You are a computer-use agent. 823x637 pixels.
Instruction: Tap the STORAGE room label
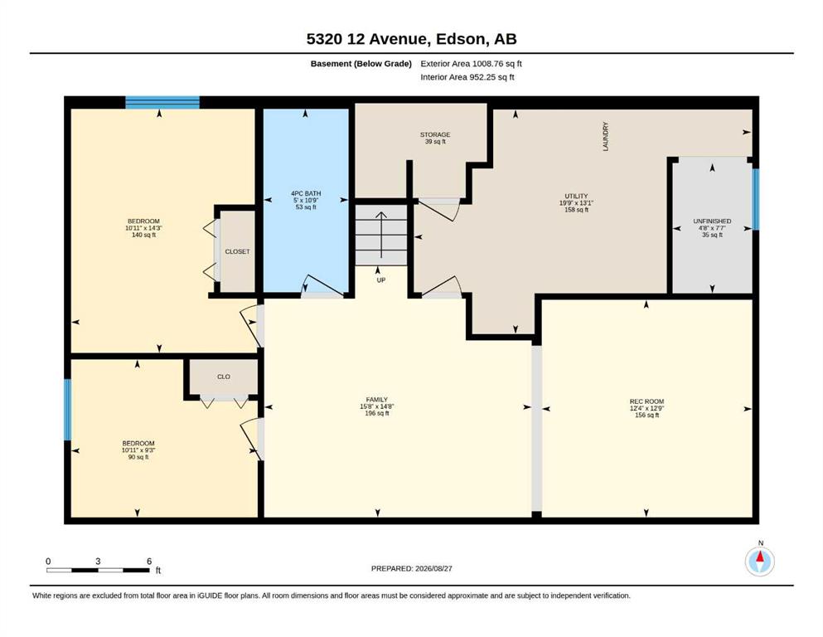click(x=435, y=134)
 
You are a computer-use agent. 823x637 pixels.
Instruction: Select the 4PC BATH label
click(x=306, y=193)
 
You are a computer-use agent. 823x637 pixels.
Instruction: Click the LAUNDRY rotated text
click(x=605, y=137)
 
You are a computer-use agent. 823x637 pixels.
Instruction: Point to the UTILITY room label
click(x=576, y=196)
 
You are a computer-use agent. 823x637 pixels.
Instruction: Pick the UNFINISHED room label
click(x=712, y=221)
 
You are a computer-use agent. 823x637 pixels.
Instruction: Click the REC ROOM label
click(x=646, y=401)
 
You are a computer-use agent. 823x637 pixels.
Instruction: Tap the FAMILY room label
click(x=377, y=400)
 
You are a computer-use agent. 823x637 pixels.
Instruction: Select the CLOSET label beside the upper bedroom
click(x=237, y=251)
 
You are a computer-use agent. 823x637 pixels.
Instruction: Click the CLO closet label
click(x=224, y=377)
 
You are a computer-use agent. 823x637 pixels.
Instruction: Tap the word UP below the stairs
click(x=381, y=280)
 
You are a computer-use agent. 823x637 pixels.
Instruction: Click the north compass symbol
click(x=760, y=562)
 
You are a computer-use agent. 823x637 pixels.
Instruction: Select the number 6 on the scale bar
click(x=149, y=561)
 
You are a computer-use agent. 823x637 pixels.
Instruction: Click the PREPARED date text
click(x=411, y=568)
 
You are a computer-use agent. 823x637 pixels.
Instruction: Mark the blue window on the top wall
click(x=162, y=102)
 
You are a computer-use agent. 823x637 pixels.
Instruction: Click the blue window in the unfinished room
click(x=756, y=199)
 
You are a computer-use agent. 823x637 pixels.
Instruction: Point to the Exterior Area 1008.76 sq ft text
click(x=471, y=64)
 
